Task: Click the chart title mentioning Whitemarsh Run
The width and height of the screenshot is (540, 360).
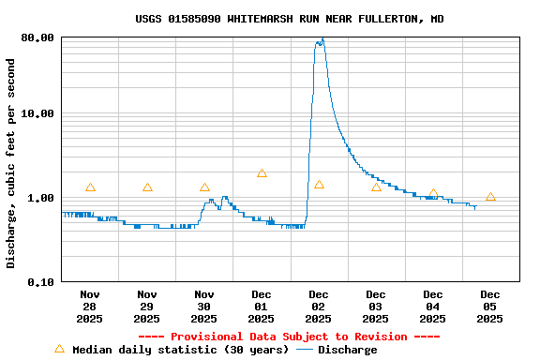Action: (290, 19)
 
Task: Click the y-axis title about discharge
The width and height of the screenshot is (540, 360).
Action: (11, 163)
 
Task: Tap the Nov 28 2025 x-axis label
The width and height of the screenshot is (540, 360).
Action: (90, 307)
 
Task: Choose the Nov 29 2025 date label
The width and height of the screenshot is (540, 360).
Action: (147, 307)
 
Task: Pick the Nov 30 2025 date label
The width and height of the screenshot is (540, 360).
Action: (204, 307)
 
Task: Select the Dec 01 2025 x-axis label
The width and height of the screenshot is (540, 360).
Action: (262, 307)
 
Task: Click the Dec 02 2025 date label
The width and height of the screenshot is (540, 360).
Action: (319, 307)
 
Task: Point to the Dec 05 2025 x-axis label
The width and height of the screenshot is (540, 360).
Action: (490, 307)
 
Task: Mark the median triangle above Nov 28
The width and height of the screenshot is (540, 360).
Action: (90, 187)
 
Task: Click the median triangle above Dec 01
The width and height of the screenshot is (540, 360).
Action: (262, 173)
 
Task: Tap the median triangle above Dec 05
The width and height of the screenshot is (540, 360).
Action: (490, 197)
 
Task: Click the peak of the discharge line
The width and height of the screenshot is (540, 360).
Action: (322, 39)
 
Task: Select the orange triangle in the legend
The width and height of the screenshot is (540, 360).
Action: (60, 349)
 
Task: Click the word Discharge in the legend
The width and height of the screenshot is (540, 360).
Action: (348, 350)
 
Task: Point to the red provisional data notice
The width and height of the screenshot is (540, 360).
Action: (289, 337)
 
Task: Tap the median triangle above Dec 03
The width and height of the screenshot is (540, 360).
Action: (376, 187)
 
